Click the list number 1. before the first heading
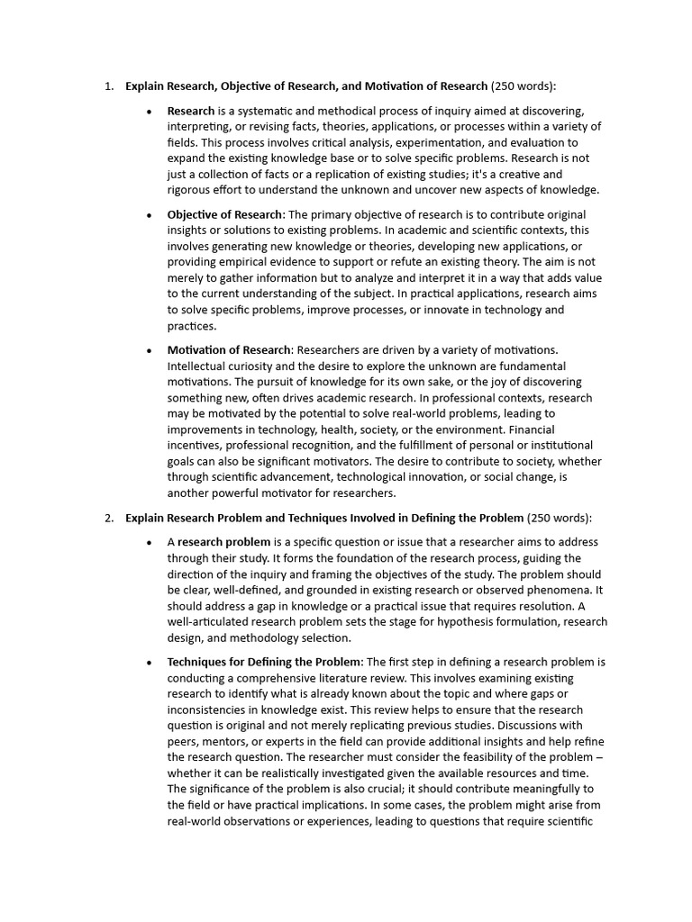point(108,86)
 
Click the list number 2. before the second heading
point(108,518)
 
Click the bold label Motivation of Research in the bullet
point(229,349)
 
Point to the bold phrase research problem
point(223,542)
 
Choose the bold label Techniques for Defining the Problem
point(264,662)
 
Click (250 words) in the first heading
point(523,86)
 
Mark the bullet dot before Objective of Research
point(149,215)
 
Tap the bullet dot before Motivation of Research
point(149,350)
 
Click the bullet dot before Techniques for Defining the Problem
point(149,663)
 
